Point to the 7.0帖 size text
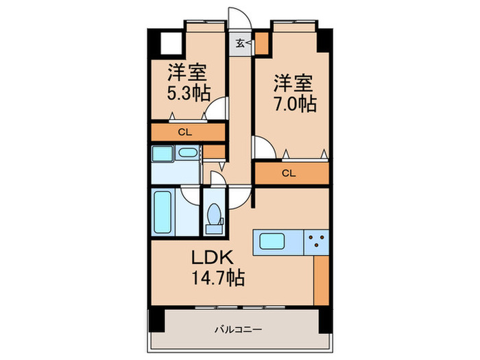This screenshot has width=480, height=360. coord(295,104)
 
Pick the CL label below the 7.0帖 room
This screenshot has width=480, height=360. coord(289,173)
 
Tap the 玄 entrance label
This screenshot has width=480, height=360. coord(241,43)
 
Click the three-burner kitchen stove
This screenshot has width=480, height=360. coord(316,241)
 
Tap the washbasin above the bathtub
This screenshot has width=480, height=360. coord(163,155)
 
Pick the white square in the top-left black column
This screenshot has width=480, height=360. coord(169,44)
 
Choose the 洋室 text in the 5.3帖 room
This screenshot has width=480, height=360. coord(188,71)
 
